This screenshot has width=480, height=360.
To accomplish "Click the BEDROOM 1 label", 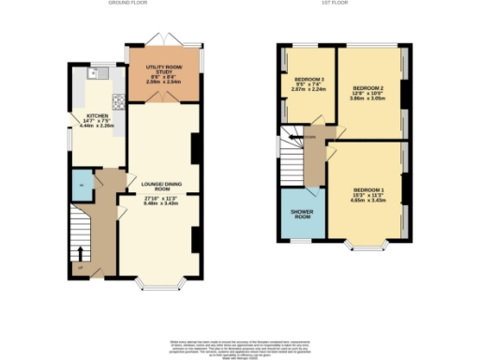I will tap(367, 190).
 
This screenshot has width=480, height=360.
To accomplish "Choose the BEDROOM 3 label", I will tap(308, 78).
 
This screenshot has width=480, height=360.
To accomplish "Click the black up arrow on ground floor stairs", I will tap(81, 251).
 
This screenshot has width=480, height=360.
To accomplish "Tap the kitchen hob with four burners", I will tap(119, 100).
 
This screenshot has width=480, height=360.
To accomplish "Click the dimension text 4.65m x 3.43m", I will tap(367, 201).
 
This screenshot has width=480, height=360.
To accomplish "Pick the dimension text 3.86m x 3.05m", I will tap(368, 97).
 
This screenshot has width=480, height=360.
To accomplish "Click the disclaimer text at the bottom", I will tap(240, 346).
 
